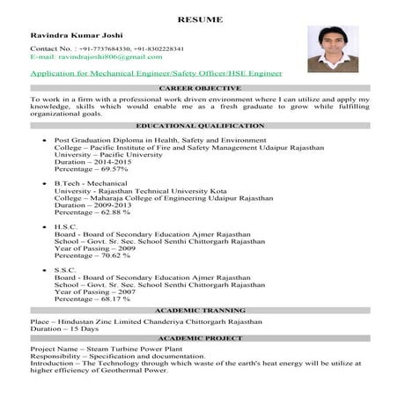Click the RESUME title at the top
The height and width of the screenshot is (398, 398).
199,18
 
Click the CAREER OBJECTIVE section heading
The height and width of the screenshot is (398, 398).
199,90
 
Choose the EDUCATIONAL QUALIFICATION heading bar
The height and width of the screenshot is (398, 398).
199,126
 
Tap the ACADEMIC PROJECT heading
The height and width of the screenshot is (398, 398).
199,339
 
